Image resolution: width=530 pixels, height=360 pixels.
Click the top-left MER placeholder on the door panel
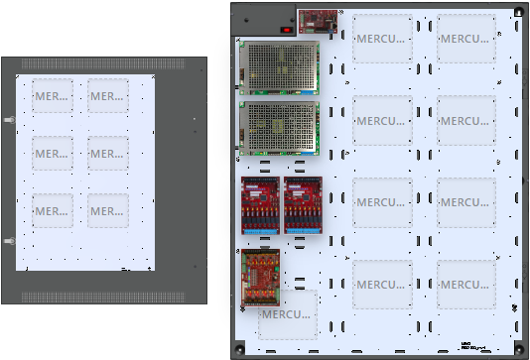[52, 97]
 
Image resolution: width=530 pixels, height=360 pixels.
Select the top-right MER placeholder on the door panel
[107, 97]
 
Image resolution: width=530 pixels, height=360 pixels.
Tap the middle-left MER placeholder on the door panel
[52, 154]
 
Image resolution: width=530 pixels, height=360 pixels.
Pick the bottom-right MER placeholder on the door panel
[107, 210]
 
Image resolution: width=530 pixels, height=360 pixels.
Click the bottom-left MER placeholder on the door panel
[52, 210]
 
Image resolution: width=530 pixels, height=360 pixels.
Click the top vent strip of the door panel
[104, 64]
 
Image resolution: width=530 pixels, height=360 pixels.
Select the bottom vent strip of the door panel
[104, 297]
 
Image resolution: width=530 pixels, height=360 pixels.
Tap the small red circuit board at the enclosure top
[318, 20]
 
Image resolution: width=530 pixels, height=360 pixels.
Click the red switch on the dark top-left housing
[288, 29]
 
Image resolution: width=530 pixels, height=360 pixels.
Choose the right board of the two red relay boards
[303, 206]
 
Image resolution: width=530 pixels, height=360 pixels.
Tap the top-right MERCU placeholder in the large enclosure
[466, 40]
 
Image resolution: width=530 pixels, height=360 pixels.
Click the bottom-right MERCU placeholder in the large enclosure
[466, 285]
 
